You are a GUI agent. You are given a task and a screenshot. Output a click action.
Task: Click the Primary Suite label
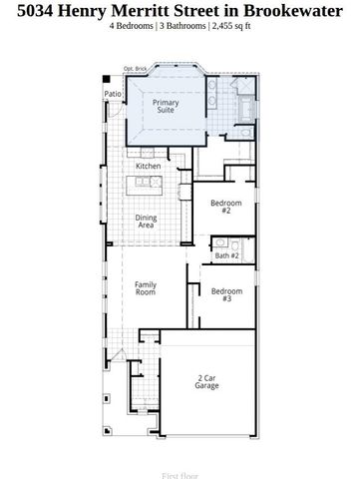(x=166, y=106)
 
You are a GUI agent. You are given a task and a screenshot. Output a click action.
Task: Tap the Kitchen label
(x=149, y=166)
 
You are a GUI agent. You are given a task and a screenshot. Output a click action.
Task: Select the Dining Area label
(x=146, y=222)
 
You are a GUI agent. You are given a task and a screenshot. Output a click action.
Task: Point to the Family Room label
(x=146, y=288)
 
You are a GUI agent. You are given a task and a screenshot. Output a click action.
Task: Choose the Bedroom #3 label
(x=220, y=294)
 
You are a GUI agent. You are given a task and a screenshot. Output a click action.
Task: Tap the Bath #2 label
(x=227, y=256)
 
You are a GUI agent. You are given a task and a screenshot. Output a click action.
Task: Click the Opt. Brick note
(x=135, y=69)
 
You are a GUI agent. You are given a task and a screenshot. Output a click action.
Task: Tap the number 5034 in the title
(x=27, y=10)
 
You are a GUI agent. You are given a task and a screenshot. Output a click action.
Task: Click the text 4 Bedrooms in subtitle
(x=132, y=26)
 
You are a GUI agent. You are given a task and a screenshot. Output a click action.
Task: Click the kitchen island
(x=147, y=184)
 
